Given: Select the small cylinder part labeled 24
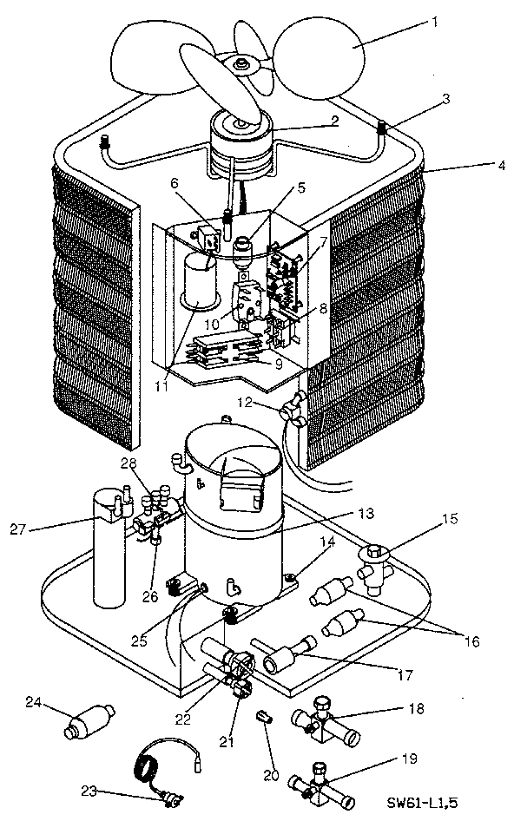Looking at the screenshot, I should coord(88,722).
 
